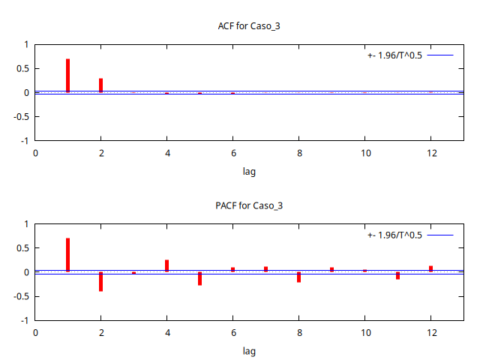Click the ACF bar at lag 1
coord(67,75)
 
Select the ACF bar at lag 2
coord(100,85)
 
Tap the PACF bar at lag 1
coord(67,255)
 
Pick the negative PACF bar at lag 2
coord(100,281)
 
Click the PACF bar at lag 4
coord(166,265)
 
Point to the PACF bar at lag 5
coord(199,278)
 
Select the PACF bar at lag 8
coord(298,277)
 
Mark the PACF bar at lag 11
coord(397,275)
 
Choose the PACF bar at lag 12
coord(430,268)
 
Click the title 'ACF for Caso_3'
coord(249,26)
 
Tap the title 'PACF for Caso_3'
coord(249,205)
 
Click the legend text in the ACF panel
coord(395,55)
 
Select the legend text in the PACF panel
coord(395,235)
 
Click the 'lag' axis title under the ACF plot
coord(249,171)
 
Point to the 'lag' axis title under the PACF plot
coord(249,350)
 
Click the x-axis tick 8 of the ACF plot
coord(298,153)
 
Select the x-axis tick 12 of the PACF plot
coord(430,332)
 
